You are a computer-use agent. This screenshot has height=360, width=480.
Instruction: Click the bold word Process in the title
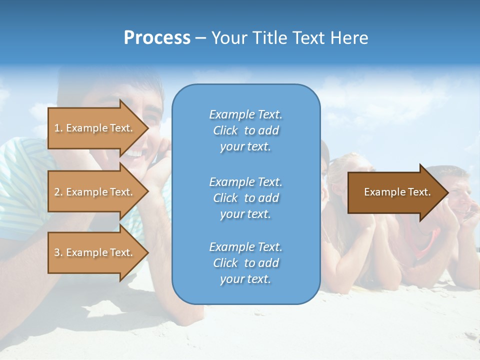[157, 38]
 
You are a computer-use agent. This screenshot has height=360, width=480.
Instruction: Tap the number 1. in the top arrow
[58, 128]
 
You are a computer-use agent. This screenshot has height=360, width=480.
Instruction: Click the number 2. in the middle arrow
[58, 192]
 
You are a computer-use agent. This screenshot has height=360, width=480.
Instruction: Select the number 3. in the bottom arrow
[58, 252]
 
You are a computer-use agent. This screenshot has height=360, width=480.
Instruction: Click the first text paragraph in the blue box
[245, 130]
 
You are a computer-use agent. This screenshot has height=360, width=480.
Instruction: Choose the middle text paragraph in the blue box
[245, 198]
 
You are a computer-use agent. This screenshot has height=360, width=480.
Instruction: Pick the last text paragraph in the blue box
[245, 263]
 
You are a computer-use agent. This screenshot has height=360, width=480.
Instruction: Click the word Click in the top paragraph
[225, 130]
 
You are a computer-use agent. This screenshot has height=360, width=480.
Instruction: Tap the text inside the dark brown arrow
[397, 192]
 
